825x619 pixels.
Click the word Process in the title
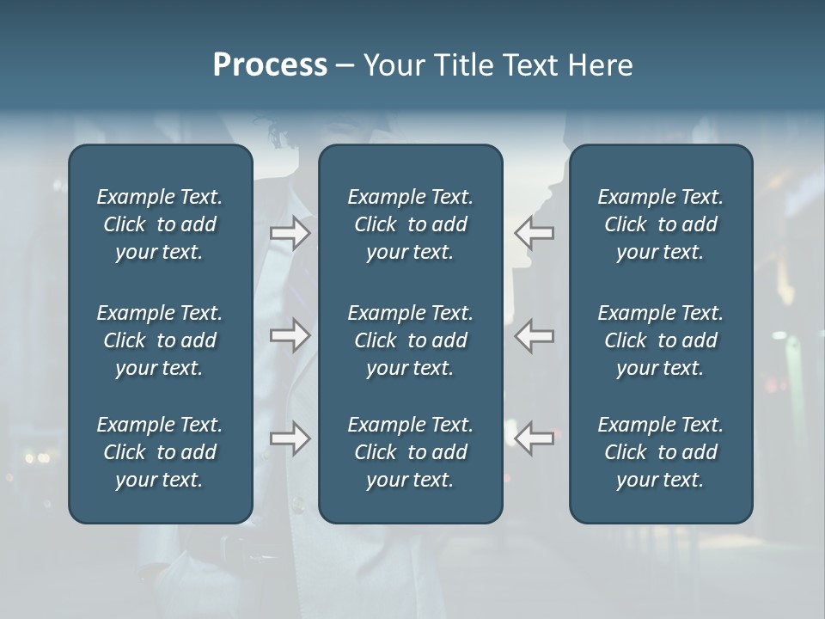click(x=270, y=65)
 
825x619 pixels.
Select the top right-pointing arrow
click(x=290, y=232)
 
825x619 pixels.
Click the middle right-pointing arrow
click(x=290, y=335)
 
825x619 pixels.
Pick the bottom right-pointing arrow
click(x=290, y=438)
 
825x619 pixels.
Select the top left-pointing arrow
click(x=534, y=232)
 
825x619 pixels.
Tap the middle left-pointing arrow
click(x=534, y=335)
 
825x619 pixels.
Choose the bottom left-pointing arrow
click(x=534, y=438)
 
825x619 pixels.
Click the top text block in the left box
click(x=160, y=224)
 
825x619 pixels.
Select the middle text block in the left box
click(x=160, y=340)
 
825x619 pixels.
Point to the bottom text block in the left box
click(x=160, y=452)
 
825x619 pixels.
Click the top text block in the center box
click(x=410, y=224)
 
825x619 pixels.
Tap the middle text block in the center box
click(x=410, y=340)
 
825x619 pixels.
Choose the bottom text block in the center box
click(x=410, y=452)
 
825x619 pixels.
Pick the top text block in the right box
click(x=660, y=224)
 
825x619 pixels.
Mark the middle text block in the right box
click(x=660, y=340)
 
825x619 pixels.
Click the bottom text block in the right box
click(x=660, y=452)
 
